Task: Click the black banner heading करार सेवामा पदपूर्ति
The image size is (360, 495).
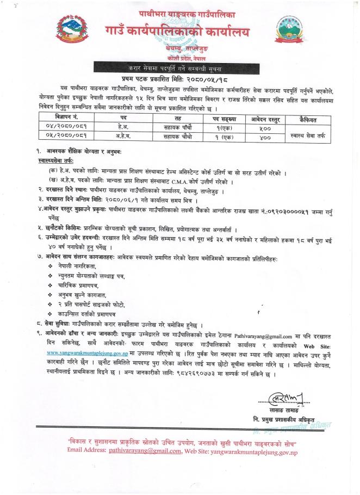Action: pyautogui.click(x=179, y=68)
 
